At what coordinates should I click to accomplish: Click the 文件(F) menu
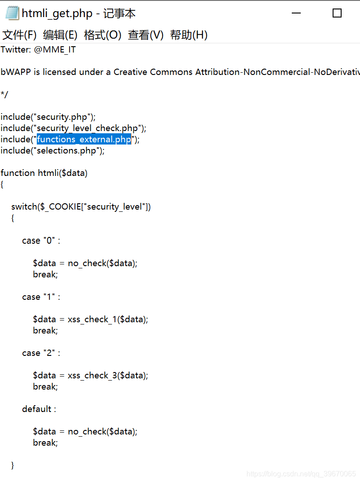coord(19,35)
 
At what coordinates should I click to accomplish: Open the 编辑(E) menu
coord(60,35)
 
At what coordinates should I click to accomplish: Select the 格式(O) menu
coord(102,35)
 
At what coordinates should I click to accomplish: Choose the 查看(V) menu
coord(145,35)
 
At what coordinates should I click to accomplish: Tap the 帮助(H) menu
coord(189,35)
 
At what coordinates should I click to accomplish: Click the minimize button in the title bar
coord(296,13)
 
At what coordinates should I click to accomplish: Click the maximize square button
coord(337,13)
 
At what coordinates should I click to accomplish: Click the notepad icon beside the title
coord(12,13)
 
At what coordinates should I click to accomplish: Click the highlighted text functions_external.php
coord(84,140)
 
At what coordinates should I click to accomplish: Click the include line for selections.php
coord(53,151)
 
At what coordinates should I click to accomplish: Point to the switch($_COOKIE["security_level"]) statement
coord(81,207)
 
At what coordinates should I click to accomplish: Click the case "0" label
coord(41,241)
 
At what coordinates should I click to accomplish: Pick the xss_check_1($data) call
coord(108,320)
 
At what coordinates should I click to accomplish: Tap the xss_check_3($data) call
coord(108,376)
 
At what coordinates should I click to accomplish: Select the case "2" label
coord(41,353)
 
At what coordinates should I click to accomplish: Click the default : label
coord(39,409)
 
